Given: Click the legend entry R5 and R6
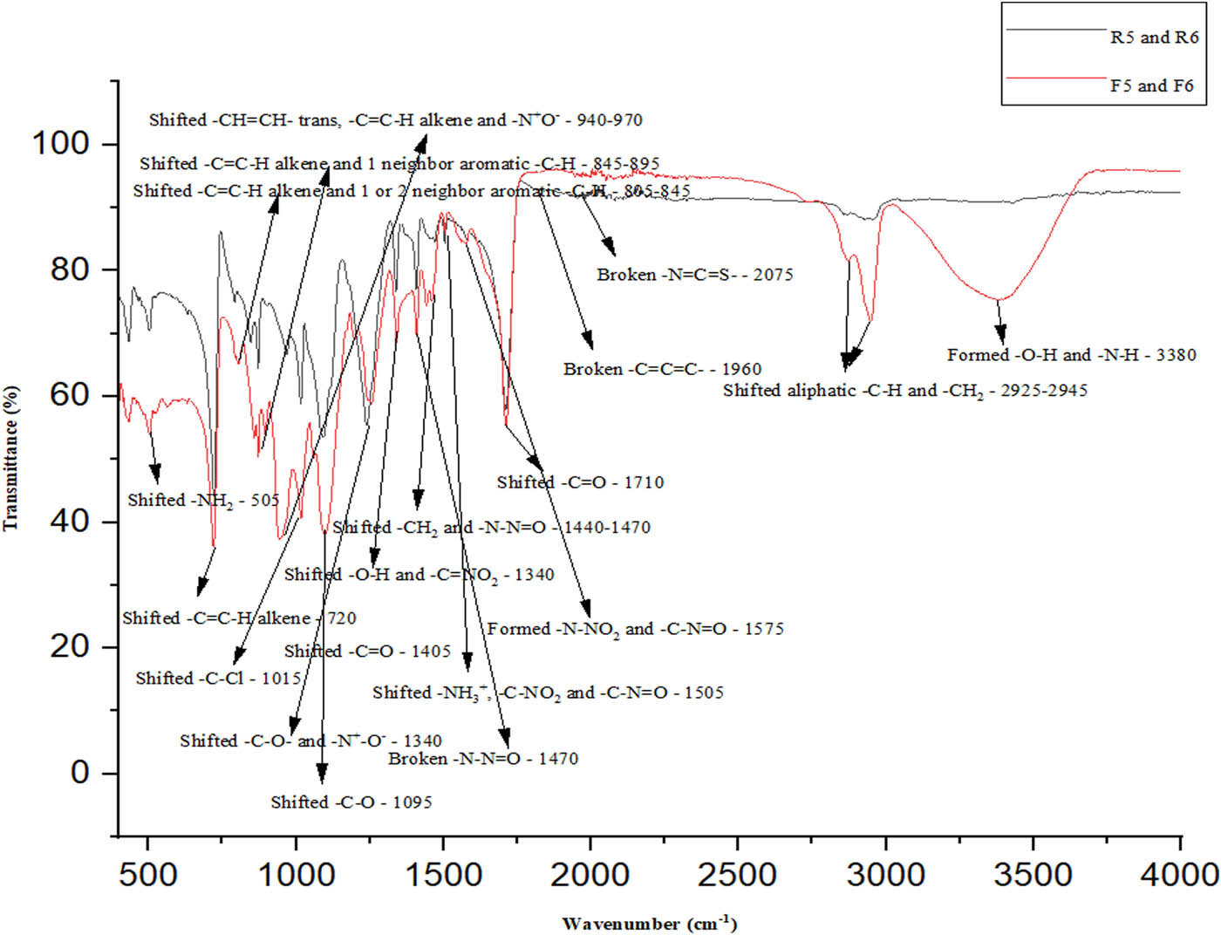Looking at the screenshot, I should [x=1154, y=38].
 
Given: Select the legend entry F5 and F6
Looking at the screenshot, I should [x=1151, y=85].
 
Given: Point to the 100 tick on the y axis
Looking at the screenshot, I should [x=60, y=143].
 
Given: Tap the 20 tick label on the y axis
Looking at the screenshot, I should [x=70, y=646].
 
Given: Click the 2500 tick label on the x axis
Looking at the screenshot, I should [x=737, y=874].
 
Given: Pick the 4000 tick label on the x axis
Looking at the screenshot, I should [x=1179, y=874].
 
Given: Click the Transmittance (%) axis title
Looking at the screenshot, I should [x=11, y=458].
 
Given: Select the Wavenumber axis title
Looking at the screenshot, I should [x=649, y=923].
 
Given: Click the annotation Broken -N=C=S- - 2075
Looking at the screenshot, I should [x=695, y=275].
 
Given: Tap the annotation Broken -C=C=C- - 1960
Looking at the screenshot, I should [x=662, y=369].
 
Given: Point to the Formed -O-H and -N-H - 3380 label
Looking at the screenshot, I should [x=1071, y=355].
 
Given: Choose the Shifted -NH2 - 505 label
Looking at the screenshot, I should [x=203, y=501].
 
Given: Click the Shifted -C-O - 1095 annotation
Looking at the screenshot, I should [x=351, y=802].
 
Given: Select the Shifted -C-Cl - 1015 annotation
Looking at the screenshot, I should [x=218, y=679].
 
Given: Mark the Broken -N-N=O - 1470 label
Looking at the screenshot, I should [x=483, y=759].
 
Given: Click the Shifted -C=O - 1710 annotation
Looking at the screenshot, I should [x=580, y=482].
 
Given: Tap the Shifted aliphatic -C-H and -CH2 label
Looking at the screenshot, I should [x=904, y=391].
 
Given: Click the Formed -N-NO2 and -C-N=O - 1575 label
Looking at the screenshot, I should [x=635, y=629].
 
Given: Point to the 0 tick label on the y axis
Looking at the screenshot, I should [x=80, y=773].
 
